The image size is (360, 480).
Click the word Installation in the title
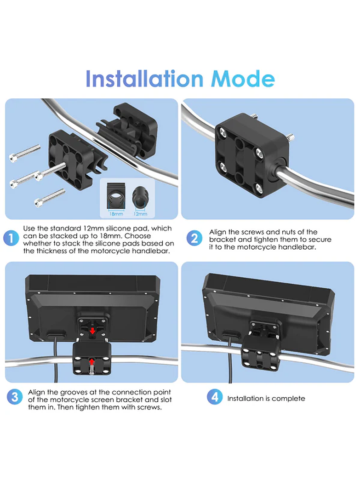coord(144,79)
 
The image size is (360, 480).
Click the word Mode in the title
coord(243,79)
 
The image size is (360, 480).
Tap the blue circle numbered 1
coord(11,239)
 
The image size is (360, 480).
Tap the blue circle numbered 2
coord(194,239)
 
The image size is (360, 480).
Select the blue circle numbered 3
coord(15,397)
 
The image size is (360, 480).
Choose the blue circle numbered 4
coord(215,397)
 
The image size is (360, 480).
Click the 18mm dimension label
coord(116,214)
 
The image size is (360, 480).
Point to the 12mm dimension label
coord(140,214)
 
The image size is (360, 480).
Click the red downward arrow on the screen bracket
coord(92,331)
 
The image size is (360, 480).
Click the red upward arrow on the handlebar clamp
coord(91,362)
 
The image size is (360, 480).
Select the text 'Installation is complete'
coord(266,399)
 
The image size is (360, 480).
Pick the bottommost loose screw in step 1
coord(50,198)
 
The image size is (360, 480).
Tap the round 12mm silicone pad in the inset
coord(141,197)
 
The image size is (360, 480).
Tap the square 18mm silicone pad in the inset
coord(116,196)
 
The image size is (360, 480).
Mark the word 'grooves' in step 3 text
coord(74,393)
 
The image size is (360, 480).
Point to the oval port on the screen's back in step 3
coord(56,333)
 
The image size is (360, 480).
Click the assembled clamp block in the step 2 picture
coord(252,155)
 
